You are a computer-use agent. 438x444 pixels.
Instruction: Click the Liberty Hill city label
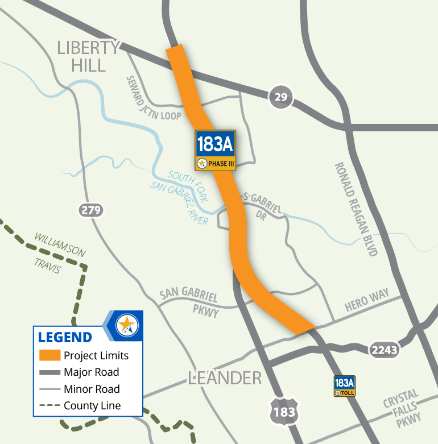pyautogui.click(x=88, y=56)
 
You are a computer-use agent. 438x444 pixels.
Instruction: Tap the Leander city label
pyautogui.click(x=225, y=378)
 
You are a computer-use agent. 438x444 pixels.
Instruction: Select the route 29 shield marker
pyautogui.click(x=280, y=98)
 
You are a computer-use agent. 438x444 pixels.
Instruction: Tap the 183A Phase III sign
pyautogui.click(x=215, y=150)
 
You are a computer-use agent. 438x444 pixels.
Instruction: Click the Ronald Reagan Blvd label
pyautogui.click(x=356, y=209)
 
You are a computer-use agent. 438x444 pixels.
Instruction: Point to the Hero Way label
pyautogui.click(x=367, y=301)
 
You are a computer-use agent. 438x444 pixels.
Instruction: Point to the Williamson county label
pyautogui.click(x=60, y=243)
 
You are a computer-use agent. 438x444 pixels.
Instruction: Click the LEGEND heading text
pyautogui.click(x=65, y=337)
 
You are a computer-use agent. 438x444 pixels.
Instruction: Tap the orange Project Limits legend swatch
pyautogui.click(x=49, y=356)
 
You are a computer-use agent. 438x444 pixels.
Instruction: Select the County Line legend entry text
pyautogui.click(x=92, y=406)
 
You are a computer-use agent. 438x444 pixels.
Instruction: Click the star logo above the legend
pyautogui.click(x=126, y=326)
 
